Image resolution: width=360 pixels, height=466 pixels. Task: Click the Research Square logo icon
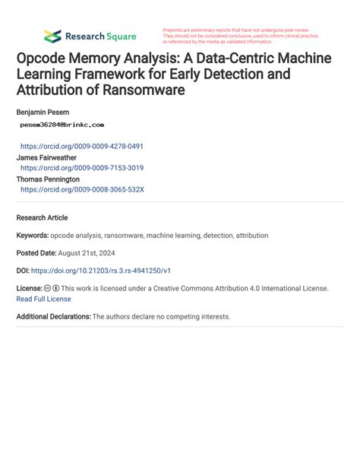[52, 36]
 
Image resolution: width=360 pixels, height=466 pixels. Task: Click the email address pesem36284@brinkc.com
[62, 124]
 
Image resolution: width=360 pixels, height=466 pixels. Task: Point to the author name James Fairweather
[47, 157]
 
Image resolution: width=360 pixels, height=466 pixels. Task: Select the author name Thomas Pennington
[48, 179]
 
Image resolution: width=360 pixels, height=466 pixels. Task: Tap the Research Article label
[42, 217]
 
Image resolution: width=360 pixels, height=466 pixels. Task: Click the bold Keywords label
[33, 236]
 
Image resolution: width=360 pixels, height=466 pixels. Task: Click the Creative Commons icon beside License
[48, 289]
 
